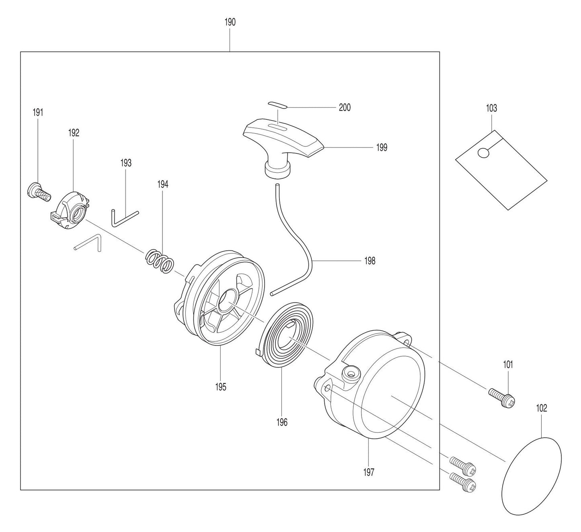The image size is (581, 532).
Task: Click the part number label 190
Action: point(230,22)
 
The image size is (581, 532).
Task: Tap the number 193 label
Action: point(125,163)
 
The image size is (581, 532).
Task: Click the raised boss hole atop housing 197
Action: point(350,374)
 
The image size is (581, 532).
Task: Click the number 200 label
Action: point(345,107)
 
